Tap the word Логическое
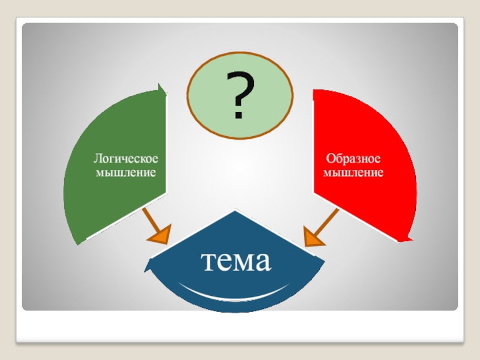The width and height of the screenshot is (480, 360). [125, 160]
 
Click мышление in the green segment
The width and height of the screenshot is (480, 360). [126, 172]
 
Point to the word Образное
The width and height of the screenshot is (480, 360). [354, 160]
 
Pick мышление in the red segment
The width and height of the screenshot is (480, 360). [354, 173]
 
